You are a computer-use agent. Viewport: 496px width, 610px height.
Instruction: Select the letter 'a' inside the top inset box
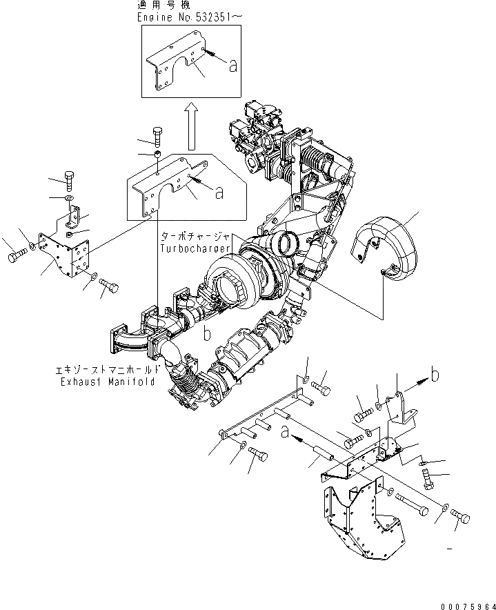click(x=232, y=66)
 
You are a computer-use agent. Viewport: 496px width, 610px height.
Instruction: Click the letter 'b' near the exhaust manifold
click(x=206, y=336)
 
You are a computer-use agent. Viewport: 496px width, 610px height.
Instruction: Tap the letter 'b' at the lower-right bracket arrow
click(x=435, y=375)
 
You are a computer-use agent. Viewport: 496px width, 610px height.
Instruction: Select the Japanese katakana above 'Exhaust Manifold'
click(x=108, y=370)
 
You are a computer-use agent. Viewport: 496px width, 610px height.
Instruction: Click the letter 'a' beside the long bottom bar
click(x=284, y=433)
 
